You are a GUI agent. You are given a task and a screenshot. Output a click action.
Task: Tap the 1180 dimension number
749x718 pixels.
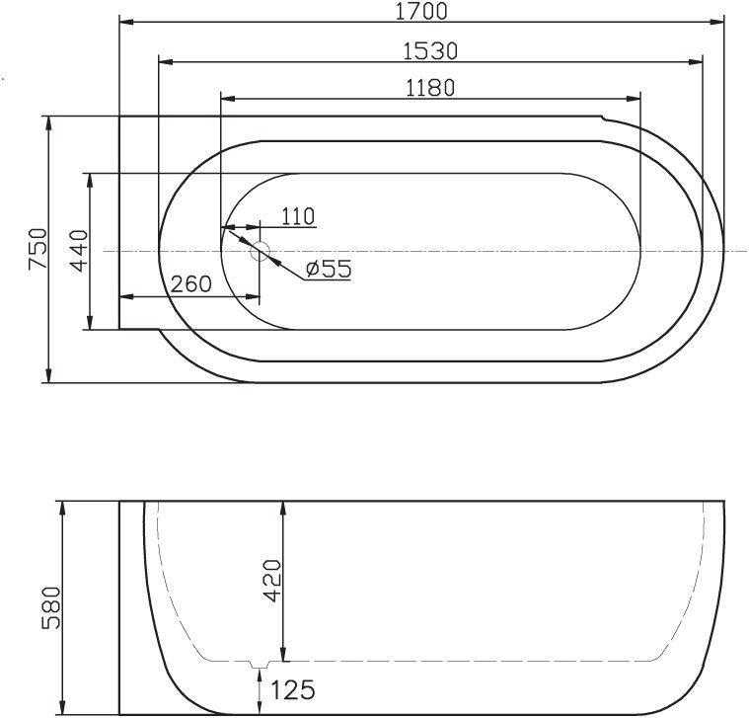(x=429, y=87)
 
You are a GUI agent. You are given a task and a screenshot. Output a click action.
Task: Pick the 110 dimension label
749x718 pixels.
(x=296, y=216)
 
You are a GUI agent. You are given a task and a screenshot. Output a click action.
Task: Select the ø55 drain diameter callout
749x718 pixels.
(x=329, y=269)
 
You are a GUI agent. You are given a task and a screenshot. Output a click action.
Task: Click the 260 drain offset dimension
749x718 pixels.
(x=190, y=284)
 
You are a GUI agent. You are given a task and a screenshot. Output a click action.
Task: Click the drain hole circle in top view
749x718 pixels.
(x=261, y=251)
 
